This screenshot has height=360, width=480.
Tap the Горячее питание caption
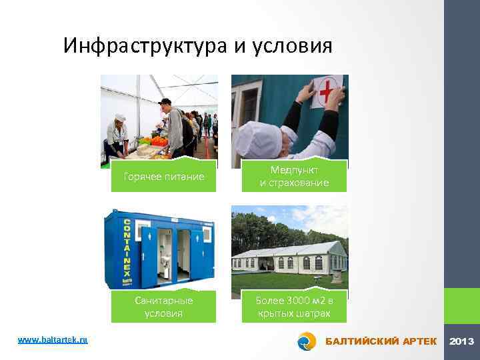coord(164,177)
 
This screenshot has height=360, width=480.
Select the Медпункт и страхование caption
coord(294,177)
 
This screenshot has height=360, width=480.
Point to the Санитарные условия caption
coord(164,307)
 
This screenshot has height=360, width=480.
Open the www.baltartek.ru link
coord(53,340)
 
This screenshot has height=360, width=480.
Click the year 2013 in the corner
coord(461,341)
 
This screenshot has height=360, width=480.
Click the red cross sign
coord(327,91)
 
